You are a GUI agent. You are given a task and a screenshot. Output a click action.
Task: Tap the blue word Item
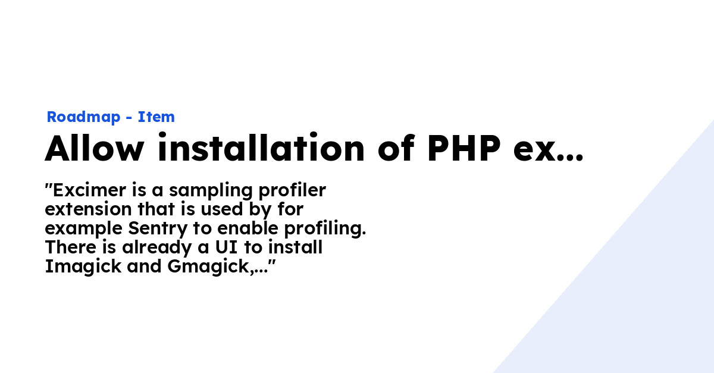(156, 117)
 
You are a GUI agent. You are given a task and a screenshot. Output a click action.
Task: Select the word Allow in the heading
(94, 148)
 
